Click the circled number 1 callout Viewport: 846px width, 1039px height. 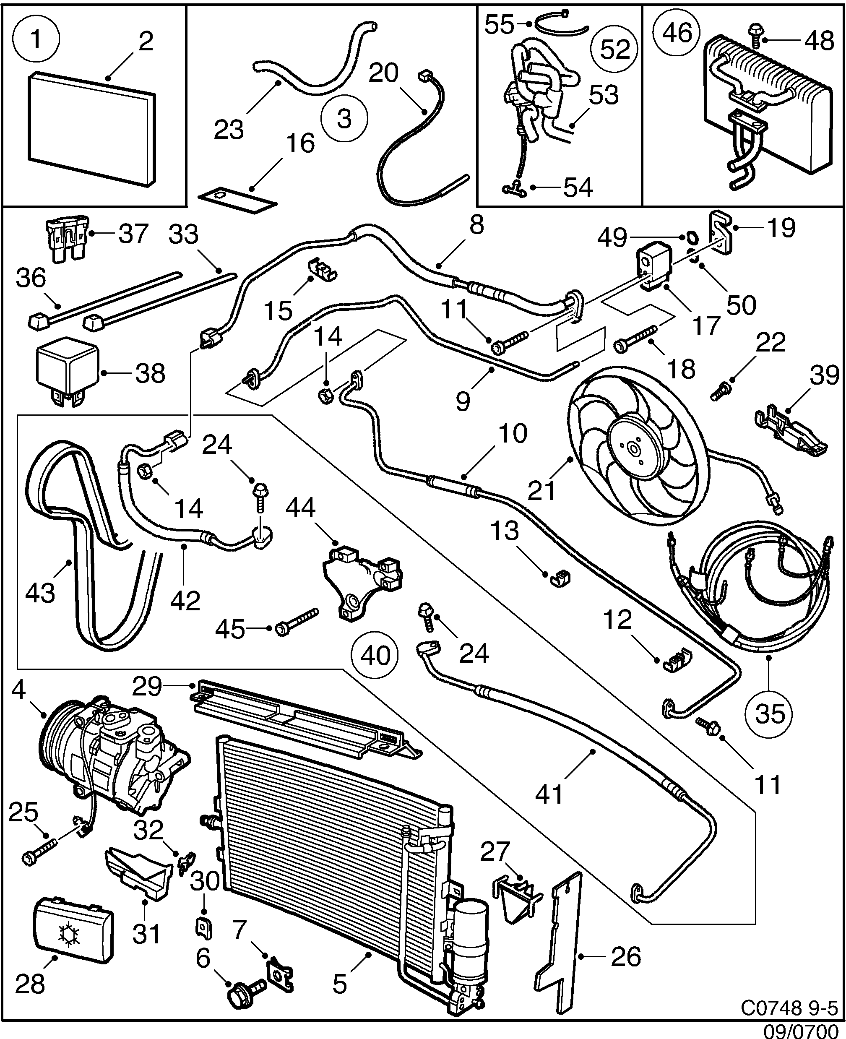click(36, 39)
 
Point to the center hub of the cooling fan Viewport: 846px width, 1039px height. click(633, 449)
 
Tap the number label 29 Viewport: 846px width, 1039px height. click(147, 686)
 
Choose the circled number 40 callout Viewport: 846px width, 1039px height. click(375, 656)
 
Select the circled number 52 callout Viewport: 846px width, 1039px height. click(615, 49)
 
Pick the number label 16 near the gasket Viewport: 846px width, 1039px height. click(300, 143)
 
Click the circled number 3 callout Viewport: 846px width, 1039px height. click(344, 118)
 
